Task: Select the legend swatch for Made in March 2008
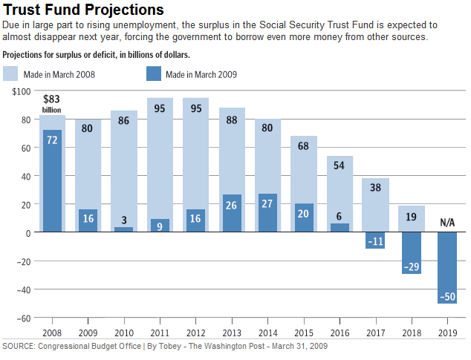tap(11, 73)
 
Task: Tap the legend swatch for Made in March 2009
tap(154, 73)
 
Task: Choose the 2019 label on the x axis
tap(447, 332)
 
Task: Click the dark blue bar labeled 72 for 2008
tap(52, 181)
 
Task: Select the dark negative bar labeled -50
tap(447, 267)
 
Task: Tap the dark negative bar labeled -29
tap(412, 252)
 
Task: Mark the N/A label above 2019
tap(447, 223)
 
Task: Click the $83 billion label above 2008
tap(51, 103)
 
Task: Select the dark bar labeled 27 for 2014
tap(268, 213)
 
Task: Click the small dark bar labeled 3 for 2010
tap(124, 229)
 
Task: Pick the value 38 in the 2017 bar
tap(376, 188)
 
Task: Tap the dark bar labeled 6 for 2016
tap(340, 228)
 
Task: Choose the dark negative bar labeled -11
tap(376, 240)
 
